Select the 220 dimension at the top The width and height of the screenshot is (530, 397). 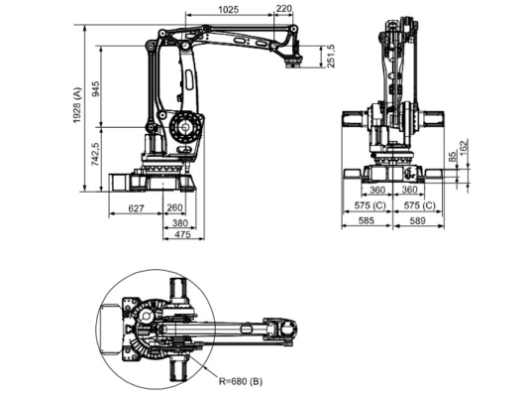285,9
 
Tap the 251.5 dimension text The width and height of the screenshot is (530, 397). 331,56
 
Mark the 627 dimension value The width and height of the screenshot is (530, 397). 138,208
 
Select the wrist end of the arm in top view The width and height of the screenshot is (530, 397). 285,330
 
